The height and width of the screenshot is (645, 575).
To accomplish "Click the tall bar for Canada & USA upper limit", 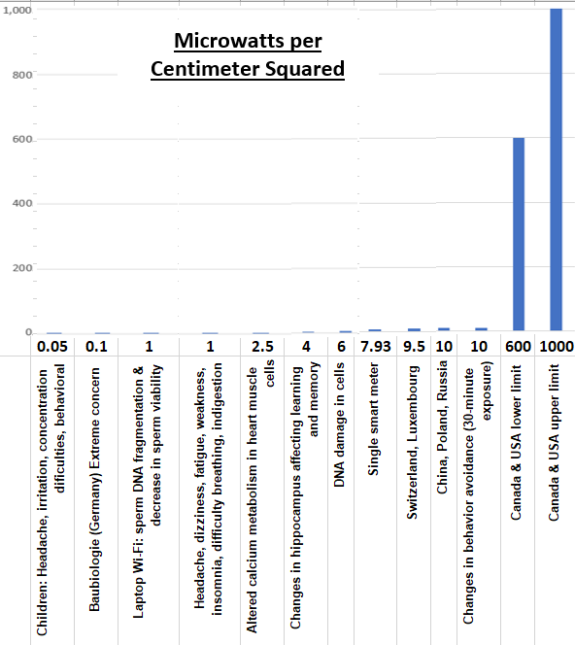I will point(557,170).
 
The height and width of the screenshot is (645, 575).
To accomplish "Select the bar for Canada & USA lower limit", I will point(519,234).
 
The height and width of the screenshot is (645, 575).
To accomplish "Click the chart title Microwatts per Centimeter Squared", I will point(248,55).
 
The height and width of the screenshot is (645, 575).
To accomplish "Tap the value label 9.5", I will point(414,347).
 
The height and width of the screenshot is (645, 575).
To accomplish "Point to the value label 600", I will point(518,347).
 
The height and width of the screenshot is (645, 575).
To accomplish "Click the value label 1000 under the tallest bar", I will point(557,347).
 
